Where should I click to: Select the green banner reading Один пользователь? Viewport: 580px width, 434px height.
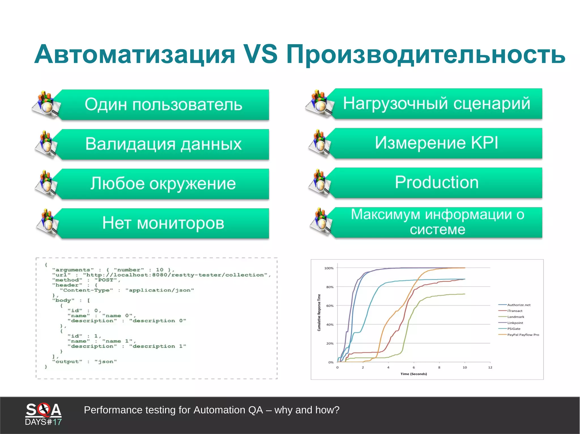point(163,105)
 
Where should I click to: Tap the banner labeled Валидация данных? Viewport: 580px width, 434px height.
point(163,144)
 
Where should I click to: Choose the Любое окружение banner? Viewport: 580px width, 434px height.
point(163,184)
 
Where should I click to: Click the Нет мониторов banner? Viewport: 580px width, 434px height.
point(163,223)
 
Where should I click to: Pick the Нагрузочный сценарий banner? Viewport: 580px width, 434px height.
point(436,103)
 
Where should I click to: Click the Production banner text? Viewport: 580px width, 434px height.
point(436,182)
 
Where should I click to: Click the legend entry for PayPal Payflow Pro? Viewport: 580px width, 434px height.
point(523,335)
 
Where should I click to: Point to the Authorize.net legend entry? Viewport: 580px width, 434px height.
point(519,305)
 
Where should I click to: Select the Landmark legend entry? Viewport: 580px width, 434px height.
point(515,317)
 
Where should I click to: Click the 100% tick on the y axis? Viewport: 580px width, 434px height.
point(329,268)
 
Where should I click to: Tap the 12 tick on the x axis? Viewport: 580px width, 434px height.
point(490,368)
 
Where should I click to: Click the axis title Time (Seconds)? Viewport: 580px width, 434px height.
point(413,374)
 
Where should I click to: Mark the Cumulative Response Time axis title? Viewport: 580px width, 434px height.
point(319,312)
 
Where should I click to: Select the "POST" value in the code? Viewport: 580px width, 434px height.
point(105,280)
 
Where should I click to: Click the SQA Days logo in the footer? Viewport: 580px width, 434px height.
point(43,414)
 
